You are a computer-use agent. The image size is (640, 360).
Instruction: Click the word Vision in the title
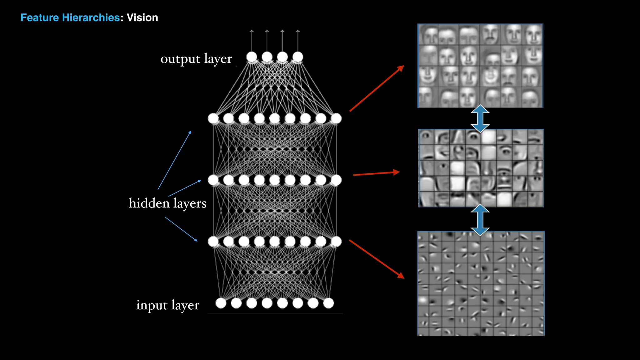(142, 18)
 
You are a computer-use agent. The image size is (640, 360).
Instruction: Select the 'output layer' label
(196, 59)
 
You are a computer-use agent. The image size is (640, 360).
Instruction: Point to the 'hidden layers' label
(167, 203)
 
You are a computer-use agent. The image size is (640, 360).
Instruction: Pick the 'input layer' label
(167, 305)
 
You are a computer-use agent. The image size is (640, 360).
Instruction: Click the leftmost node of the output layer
(252, 57)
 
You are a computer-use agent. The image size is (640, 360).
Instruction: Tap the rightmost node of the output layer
(298, 57)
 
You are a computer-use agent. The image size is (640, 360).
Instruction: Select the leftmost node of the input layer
(221, 303)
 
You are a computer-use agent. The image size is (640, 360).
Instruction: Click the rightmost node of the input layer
(328, 303)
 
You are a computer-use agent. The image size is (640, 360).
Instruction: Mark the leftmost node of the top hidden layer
(213, 118)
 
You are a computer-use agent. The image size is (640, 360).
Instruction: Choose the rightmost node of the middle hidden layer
(336, 180)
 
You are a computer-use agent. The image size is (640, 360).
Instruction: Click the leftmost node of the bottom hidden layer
(213, 241)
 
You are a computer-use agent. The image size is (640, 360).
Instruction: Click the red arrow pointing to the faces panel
(377, 88)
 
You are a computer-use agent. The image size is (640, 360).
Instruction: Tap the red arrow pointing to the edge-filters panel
(377, 259)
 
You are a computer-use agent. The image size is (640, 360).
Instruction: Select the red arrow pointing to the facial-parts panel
(376, 173)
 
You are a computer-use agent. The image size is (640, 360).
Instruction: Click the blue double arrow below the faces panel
(480, 118)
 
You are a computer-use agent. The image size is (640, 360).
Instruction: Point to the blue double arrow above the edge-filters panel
(480, 220)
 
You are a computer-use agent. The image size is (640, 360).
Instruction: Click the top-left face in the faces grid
(428, 35)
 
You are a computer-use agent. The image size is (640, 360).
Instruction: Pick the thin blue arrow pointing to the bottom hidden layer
(181, 229)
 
